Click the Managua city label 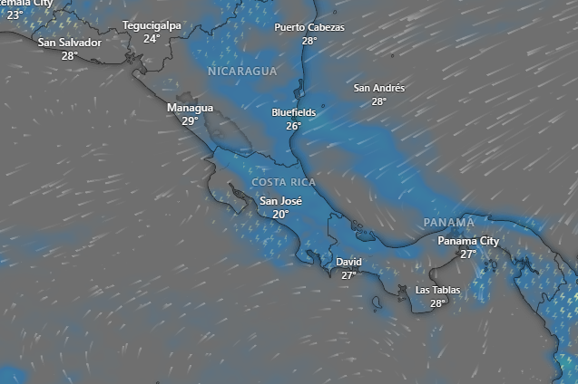pyautogui.click(x=190, y=108)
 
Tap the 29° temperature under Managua pyautogui.click(x=190, y=120)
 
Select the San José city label pyautogui.click(x=280, y=201)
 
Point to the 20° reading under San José pyautogui.click(x=280, y=215)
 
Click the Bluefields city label pyautogui.click(x=293, y=112)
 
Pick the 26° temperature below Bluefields pyautogui.click(x=293, y=126)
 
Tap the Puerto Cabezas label pyautogui.click(x=309, y=27)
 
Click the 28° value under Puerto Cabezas pyautogui.click(x=309, y=41)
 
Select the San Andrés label pyautogui.click(x=378, y=88)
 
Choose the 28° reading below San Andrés pyautogui.click(x=378, y=101)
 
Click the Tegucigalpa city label pyautogui.click(x=152, y=25)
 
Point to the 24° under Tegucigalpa pyautogui.click(x=152, y=39)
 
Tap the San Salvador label pyautogui.click(x=70, y=43)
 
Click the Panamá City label pyautogui.click(x=468, y=241)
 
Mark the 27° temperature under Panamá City pyautogui.click(x=468, y=254)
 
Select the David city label pyautogui.click(x=348, y=262)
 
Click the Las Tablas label pyautogui.click(x=437, y=290)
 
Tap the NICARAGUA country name pyautogui.click(x=241, y=71)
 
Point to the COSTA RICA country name pyautogui.click(x=284, y=182)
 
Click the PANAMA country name pyautogui.click(x=448, y=222)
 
